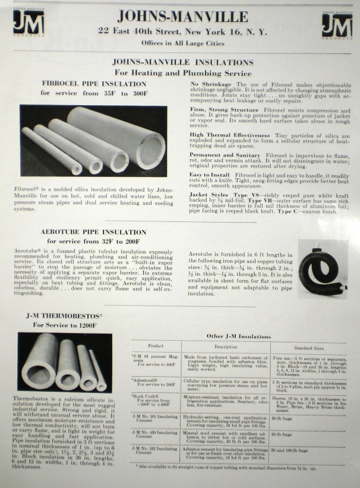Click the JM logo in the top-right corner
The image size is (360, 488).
tap(337, 26)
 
